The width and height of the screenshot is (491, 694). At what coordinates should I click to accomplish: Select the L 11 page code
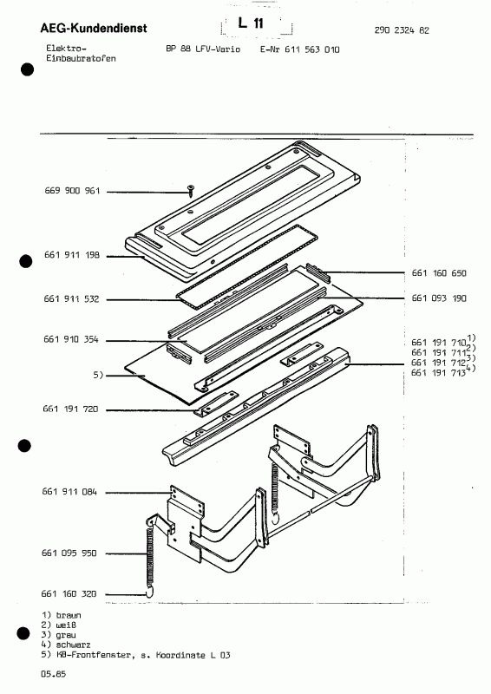click(256, 28)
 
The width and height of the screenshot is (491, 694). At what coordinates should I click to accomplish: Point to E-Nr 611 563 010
click(299, 49)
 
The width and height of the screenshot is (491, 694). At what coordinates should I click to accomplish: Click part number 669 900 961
click(71, 192)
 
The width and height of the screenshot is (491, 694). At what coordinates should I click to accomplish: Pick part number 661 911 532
click(71, 299)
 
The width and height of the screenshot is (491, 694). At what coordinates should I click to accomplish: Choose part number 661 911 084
click(71, 492)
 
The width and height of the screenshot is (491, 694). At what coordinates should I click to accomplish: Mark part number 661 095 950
click(71, 551)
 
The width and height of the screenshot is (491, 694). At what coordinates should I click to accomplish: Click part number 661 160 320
click(71, 594)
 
